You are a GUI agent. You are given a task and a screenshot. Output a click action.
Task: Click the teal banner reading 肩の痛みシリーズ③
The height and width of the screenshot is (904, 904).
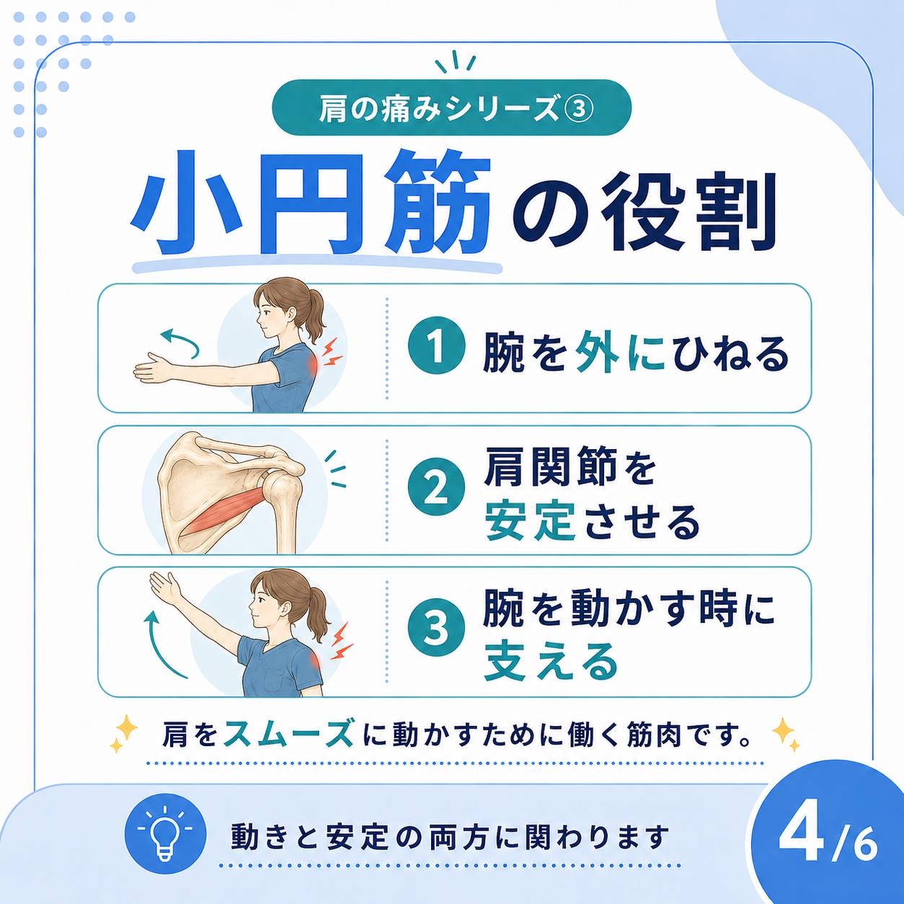click(451, 108)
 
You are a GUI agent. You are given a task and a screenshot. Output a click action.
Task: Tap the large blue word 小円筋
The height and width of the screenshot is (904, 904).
click(311, 203)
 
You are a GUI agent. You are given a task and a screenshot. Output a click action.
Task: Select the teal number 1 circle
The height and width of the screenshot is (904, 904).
click(437, 349)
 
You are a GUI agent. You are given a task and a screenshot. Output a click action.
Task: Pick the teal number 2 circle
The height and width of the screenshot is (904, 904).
click(437, 489)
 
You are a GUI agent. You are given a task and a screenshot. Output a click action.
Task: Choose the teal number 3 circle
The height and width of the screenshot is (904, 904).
click(437, 630)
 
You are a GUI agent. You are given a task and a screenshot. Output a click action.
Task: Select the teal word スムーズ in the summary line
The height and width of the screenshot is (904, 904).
click(288, 734)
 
